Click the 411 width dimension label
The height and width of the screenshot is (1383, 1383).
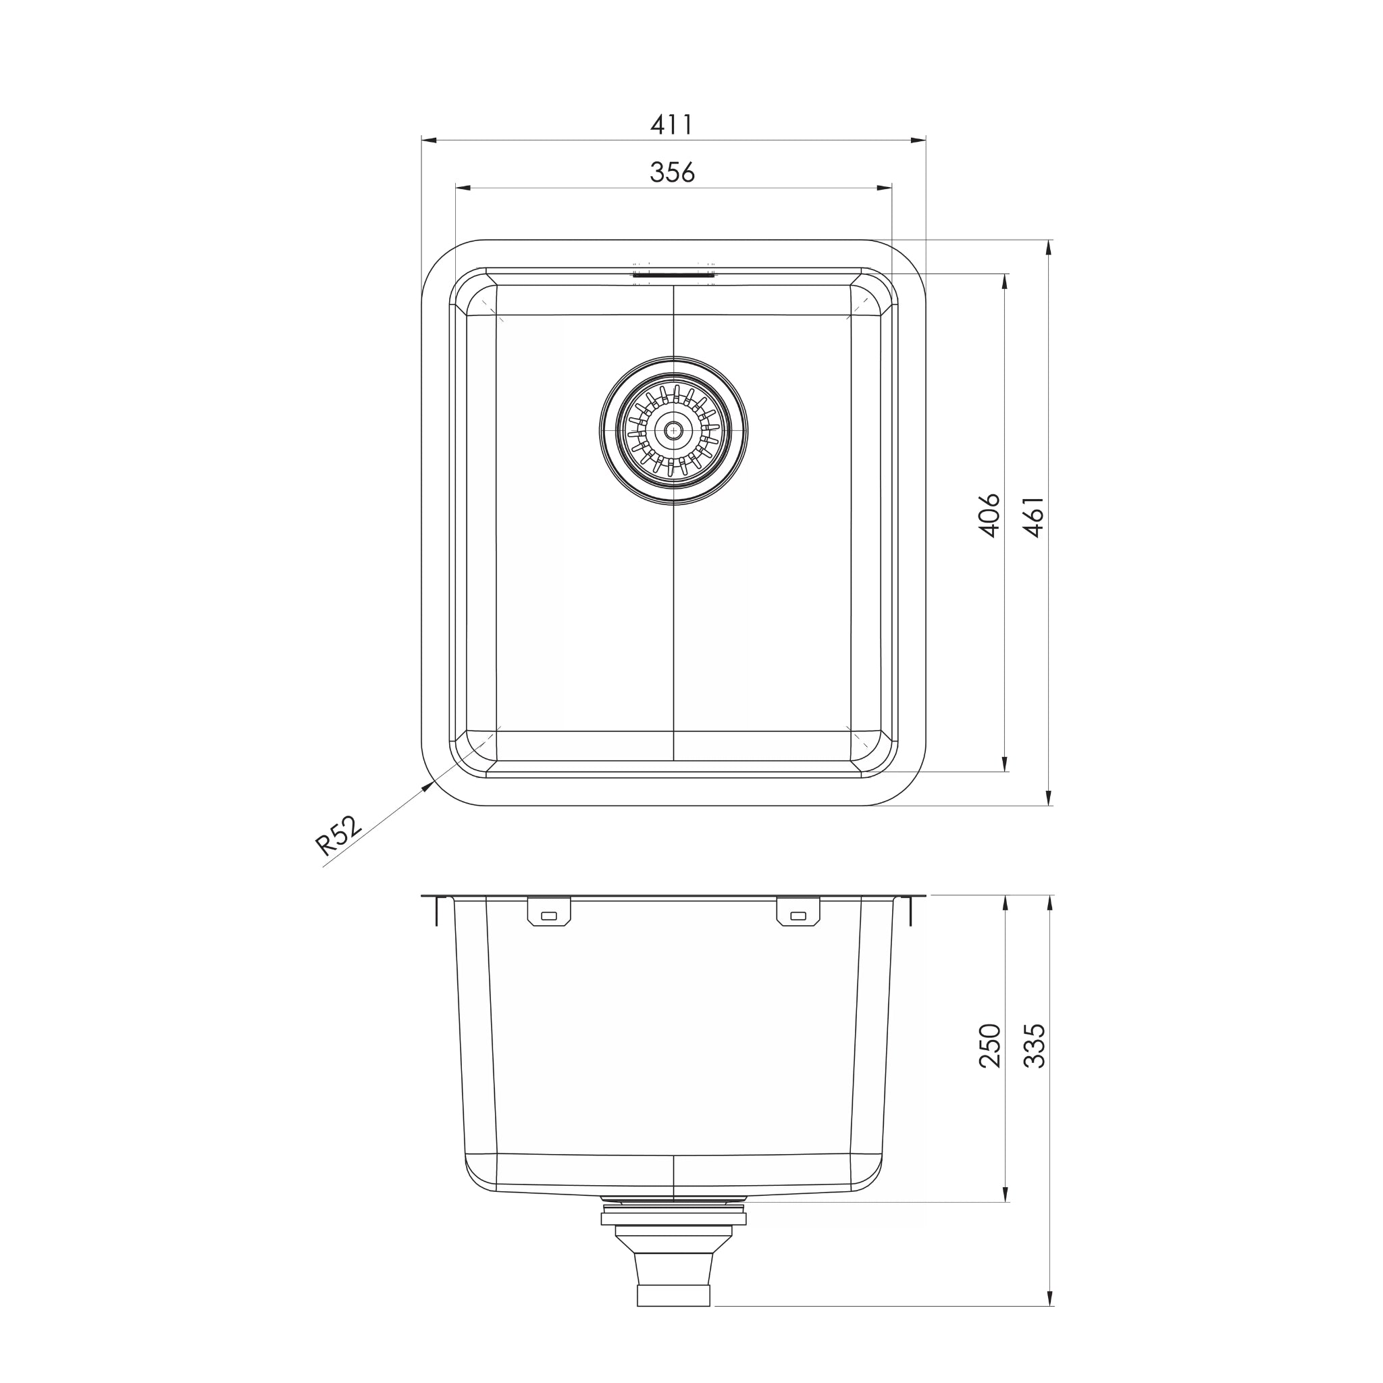point(671,126)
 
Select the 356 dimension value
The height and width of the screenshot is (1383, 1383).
point(671,172)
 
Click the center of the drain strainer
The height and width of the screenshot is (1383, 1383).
point(673,430)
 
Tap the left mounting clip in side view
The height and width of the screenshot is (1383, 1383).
point(549,911)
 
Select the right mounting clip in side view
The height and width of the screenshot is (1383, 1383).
point(798,911)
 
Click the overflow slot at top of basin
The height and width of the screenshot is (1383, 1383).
point(673,273)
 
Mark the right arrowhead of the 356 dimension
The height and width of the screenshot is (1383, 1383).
point(885,188)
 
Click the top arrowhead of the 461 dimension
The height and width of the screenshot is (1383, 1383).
point(1049,248)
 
